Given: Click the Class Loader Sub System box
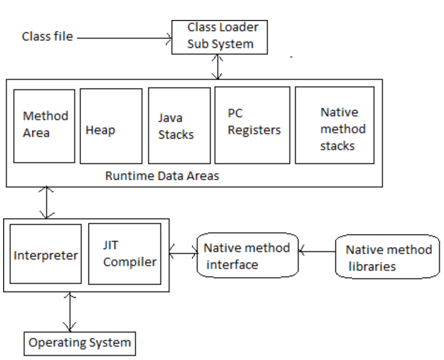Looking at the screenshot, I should pyautogui.click(x=220, y=37).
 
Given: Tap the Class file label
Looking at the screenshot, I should pyautogui.click(x=47, y=37).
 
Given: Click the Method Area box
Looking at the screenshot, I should pyautogui.click(x=44, y=125).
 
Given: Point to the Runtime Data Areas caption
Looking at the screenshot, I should pyautogui.click(x=162, y=176).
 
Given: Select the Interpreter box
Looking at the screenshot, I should pyautogui.click(x=46, y=255).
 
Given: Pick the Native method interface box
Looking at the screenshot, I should pyautogui.click(x=247, y=256).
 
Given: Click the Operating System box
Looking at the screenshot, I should pyautogui.click(x=80, y=343).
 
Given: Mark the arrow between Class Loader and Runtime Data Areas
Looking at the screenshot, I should pyautogui.click(x=216, y=67).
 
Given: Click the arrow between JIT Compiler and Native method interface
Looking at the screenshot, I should pyautogui.click(x=183, y=253).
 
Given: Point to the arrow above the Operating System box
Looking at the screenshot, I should pyautogui.click(x=70, y=312).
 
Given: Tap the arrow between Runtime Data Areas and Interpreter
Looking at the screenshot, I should pyautogui.click(x=46, y=203).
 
